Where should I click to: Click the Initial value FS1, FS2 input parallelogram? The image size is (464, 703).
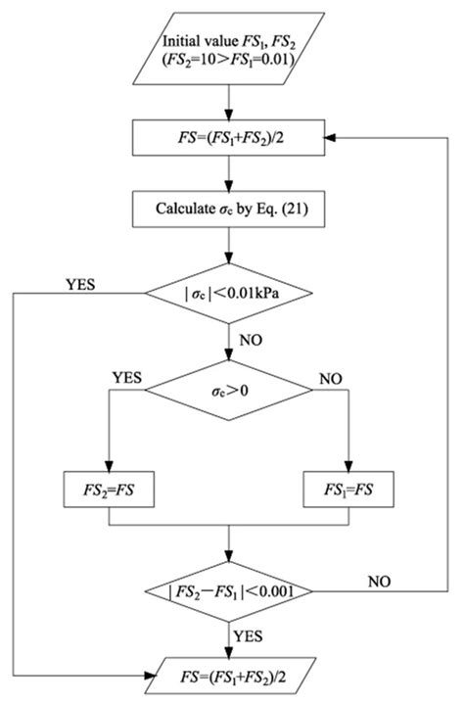pos(230,45)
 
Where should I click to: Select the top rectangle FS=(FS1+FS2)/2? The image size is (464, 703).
pos(230,139)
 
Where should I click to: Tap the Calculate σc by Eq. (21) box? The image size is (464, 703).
pos(230,208)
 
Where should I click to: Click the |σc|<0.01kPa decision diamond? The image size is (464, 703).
pos(230,293)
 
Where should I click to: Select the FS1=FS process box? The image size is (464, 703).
pos(349,486)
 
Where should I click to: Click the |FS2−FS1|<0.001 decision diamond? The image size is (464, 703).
pos(230,592)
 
